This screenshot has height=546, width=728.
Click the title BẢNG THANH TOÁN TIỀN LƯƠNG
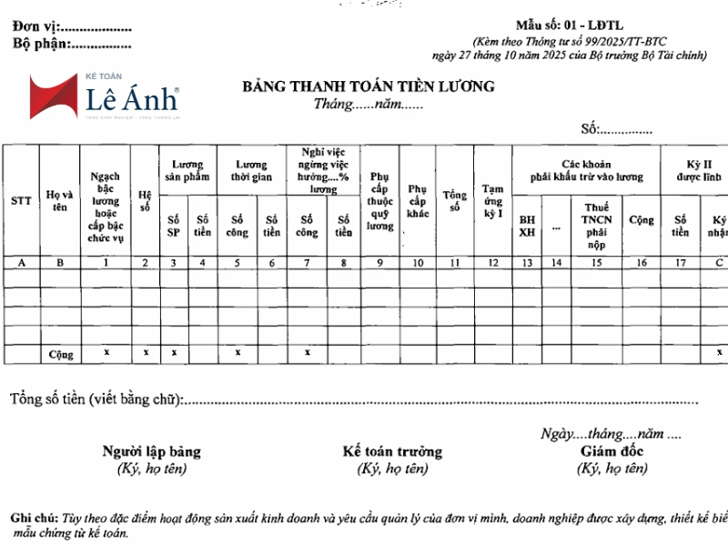[369, 87]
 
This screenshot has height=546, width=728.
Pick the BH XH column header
[527, 226]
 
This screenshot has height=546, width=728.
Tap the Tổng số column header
[454, 201]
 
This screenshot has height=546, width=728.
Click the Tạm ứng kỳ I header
[492, 201]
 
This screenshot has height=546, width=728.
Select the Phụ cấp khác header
[418, 200]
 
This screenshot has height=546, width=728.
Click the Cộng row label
[60, 353]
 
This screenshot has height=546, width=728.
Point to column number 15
[596, 263]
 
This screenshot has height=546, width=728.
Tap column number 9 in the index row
[379, 263]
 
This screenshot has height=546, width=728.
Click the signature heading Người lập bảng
[152, 451]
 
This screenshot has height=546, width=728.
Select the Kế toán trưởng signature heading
[392, 451]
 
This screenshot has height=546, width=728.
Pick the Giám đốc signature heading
[612, 451]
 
